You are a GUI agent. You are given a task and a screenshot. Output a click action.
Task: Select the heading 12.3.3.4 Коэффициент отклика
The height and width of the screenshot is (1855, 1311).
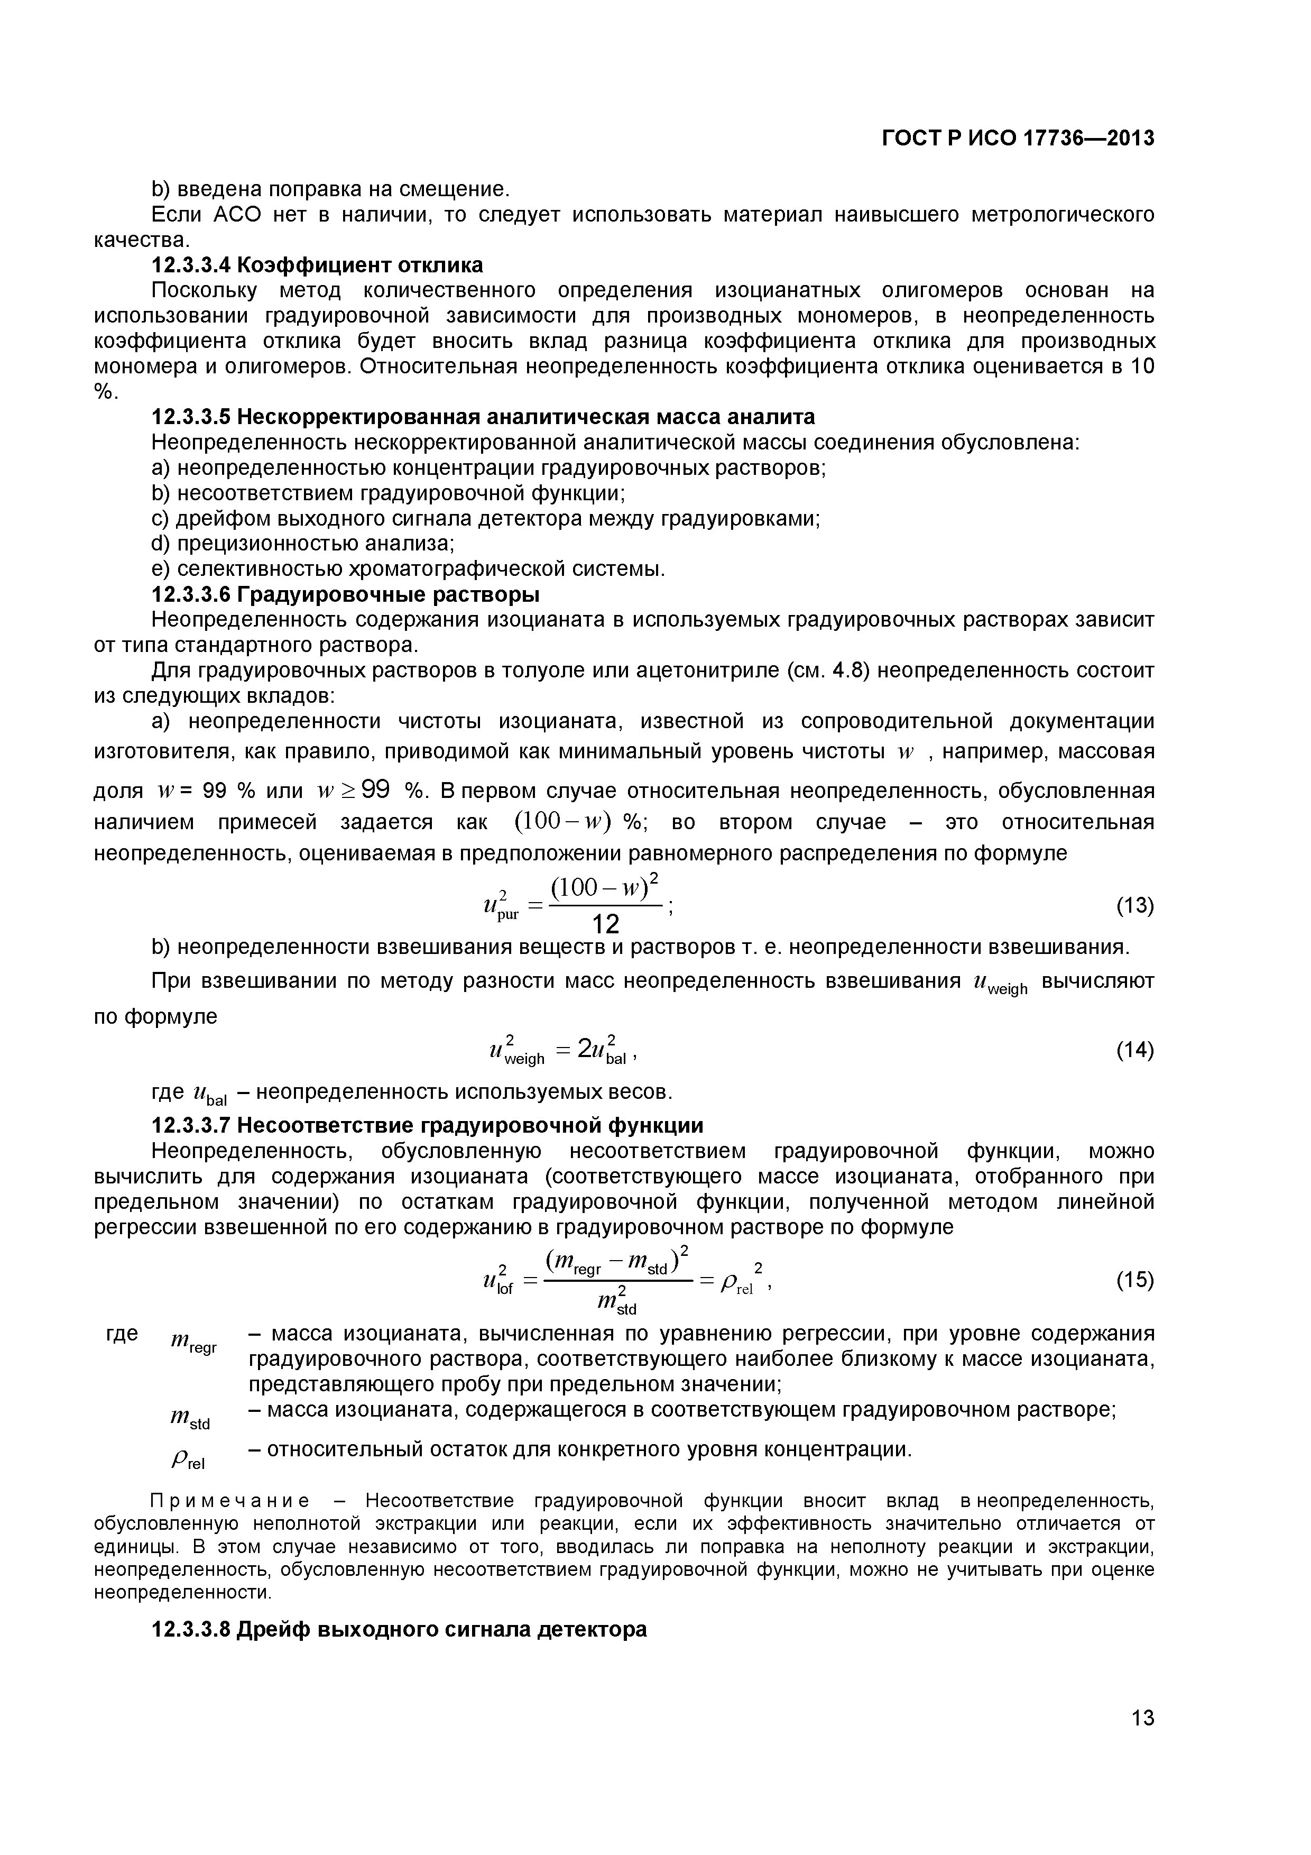click(318, 265)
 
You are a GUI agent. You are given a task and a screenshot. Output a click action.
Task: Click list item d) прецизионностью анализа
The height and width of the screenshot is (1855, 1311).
click(303, 544)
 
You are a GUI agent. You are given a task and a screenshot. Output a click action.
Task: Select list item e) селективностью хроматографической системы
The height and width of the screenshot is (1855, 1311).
click(408, 569)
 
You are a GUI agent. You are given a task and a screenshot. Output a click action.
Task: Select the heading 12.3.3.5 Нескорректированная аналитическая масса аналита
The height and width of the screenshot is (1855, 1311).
click(483, 417)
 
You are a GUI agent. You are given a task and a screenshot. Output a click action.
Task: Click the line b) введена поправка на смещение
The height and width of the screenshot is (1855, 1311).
click(331, 189)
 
